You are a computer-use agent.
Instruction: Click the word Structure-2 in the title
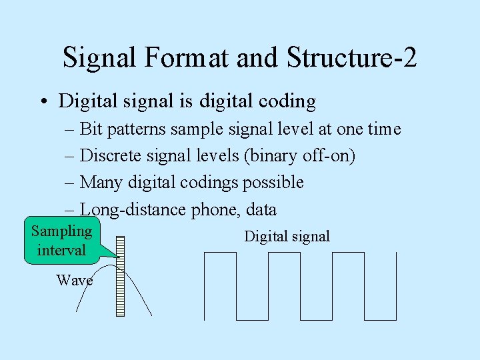click(x=352, y=57)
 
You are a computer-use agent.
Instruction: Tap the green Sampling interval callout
click(x=61, y=241)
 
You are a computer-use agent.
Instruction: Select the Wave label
click(x=74, y=281)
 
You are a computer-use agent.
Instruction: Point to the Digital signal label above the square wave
click(x=287, y=236)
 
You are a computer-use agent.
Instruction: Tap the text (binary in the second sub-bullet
click(x=269, y=156)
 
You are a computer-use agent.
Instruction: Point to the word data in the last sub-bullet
click(x=261, y=210)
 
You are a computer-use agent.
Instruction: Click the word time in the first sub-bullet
click(x=384, y=129)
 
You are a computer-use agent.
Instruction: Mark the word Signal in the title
click(x=99, y=57)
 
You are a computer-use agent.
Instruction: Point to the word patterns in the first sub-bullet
click(x=135, y=129)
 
